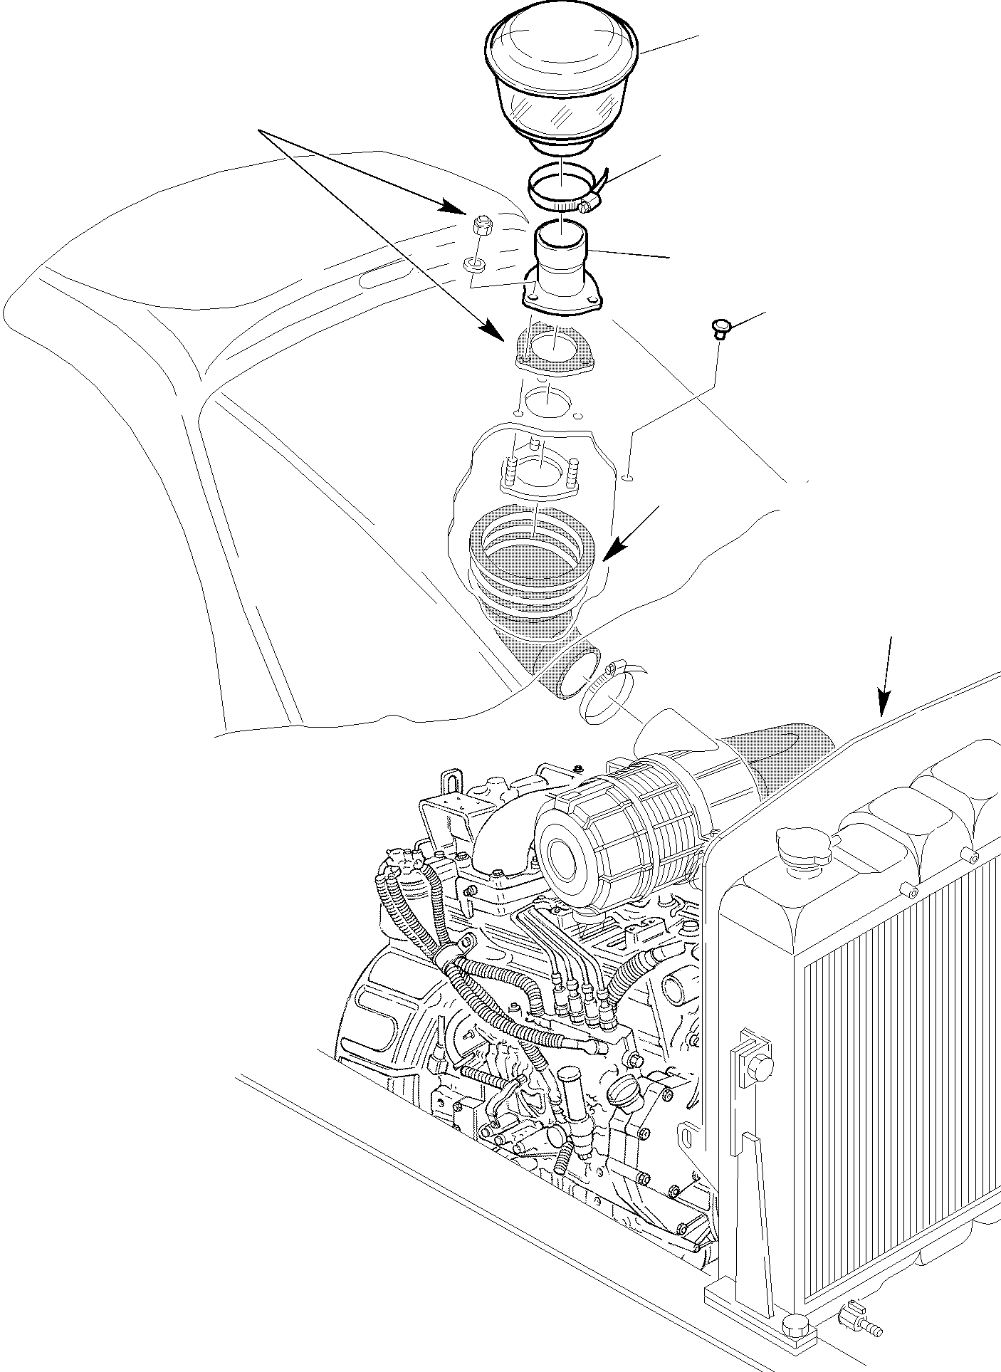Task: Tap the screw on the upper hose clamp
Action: pyautogui.click(x=587, y=206)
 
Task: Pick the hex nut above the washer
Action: pyautogui.click(x=478, y=227)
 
